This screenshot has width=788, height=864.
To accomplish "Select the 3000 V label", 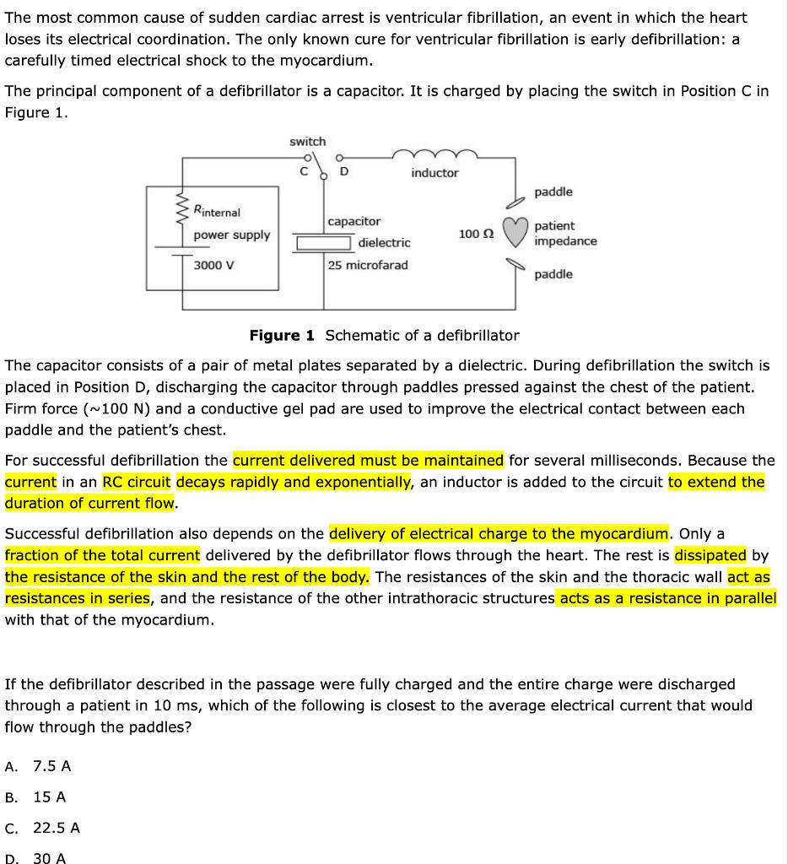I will coord(214,265).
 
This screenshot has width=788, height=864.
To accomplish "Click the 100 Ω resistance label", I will coord(477,233).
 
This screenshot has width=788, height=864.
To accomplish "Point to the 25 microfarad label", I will coord(368,265).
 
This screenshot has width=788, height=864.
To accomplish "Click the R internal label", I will coord(217,211).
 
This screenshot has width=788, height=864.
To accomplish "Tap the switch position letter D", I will coord(343,173).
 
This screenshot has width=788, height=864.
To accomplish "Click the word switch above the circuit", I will coord(307,141).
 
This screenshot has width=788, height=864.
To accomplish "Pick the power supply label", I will coord(231,235).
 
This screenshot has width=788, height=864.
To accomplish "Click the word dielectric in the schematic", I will coord(384,242).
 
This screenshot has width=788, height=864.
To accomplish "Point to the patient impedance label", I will coord(564,233).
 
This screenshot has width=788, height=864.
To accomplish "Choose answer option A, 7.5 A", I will coord(51,766).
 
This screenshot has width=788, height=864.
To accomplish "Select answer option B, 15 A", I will coord(49,796).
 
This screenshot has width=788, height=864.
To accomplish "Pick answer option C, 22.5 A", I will coord(56,828).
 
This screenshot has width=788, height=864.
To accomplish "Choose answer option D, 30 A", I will coord(49,858).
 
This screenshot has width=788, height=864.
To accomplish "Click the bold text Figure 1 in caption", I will coord(282,335).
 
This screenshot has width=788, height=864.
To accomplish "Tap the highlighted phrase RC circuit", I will coord(137,482).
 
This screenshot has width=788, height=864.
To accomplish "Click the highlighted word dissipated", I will coord(710,555).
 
